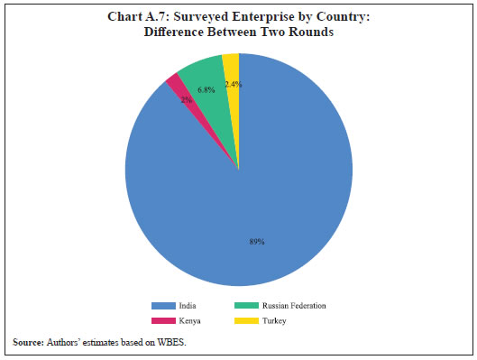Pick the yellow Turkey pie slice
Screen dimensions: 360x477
click(232, 72)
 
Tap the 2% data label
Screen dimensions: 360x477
click(186, 101)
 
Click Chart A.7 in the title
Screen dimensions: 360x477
click(151, 14)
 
